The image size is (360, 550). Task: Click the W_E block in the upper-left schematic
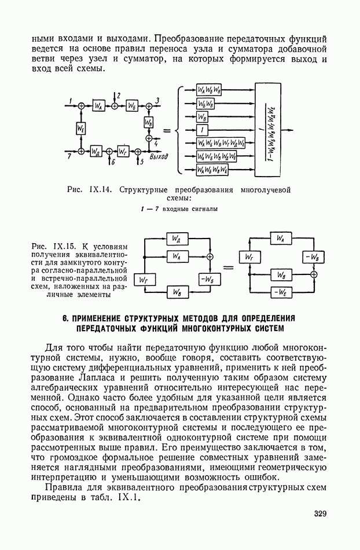[81, 128]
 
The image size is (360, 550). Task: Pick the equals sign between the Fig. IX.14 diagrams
[166, 129]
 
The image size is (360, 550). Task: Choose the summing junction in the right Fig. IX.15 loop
[313, 275]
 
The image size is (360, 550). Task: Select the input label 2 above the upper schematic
[118, 94]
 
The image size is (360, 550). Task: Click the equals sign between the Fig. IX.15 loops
[229, 267]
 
